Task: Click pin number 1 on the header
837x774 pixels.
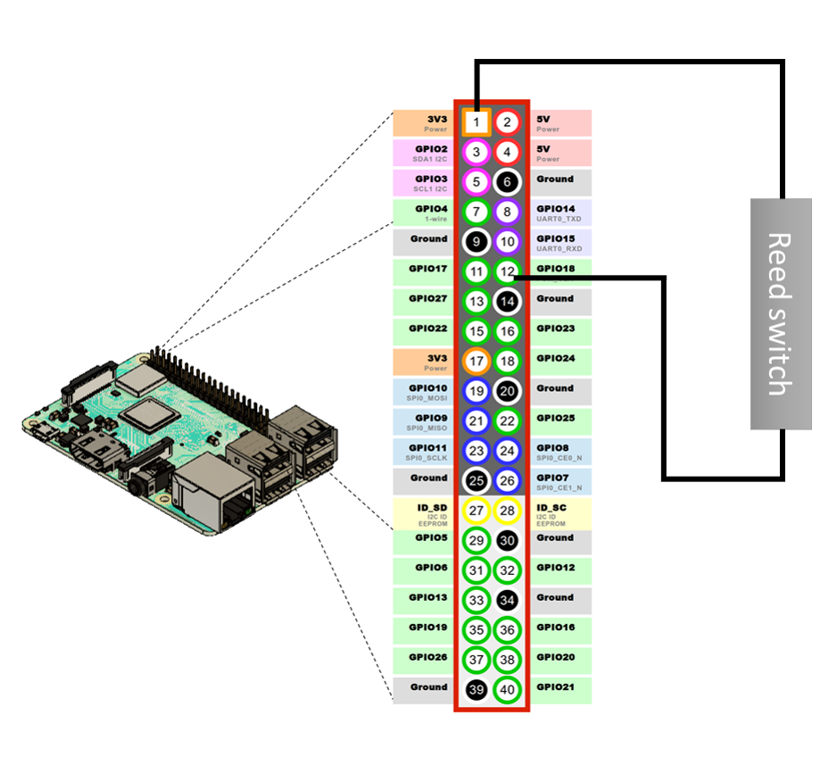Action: (477, 122)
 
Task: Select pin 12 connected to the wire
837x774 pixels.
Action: (507, 271)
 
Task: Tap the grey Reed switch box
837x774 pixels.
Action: (781, 313)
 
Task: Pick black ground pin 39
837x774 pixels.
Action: (477, 689)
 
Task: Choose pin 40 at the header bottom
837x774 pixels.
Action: (507, 689)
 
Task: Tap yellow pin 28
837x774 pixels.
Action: (507, 511)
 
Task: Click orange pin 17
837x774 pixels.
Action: (477, 361)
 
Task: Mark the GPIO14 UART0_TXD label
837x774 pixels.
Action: (558, 212)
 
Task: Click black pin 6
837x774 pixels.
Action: (507, 182)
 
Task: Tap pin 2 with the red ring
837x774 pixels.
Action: (507, 122)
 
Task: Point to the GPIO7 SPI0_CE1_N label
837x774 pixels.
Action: (559, 481)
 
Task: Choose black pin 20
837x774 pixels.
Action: (507, 391)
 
